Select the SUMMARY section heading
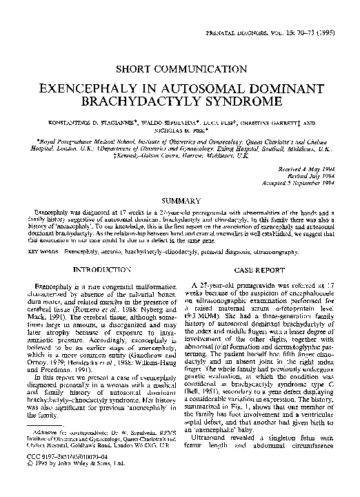tap(180, 199)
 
